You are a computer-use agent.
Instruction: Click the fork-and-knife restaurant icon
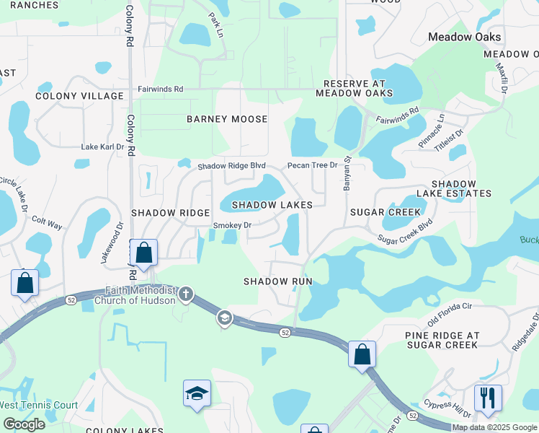(488, 398)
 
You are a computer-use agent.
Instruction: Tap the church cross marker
(186, 294)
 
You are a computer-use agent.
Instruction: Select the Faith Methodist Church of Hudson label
(140, 294)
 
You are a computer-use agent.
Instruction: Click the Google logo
(24, 424)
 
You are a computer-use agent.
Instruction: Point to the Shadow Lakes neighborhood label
(272, 205)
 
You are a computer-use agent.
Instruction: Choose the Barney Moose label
(227, 119)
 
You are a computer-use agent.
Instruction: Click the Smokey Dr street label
(231, 225)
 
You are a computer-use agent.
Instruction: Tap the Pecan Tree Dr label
(312, 165)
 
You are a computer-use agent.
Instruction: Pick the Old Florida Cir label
(450, 314)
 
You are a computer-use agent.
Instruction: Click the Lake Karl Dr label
(102, 146)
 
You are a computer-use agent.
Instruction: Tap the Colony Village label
(79, 96)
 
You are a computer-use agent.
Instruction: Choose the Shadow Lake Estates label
(462, 188)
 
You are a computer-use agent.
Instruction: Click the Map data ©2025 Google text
(494, 427)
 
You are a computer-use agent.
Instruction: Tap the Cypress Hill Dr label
(447, 408)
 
